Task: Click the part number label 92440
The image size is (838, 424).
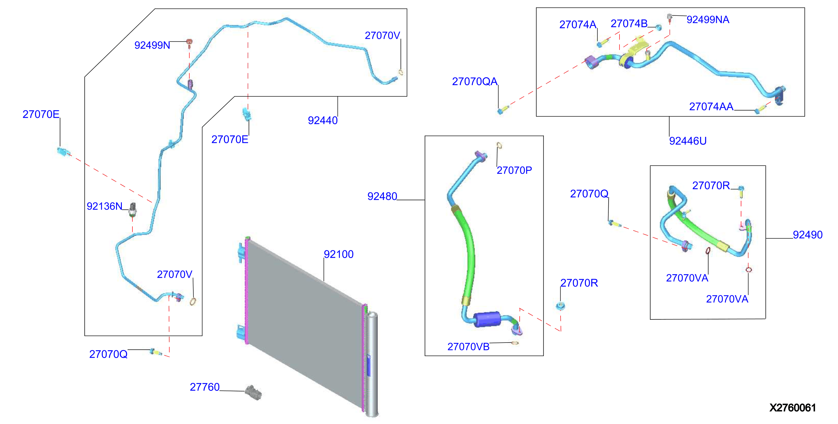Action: pos(323,121)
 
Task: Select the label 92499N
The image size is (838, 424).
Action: pos(152,45)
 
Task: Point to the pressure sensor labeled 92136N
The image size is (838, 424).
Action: pos(132,209)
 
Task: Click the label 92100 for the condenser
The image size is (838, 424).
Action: pos(339,254)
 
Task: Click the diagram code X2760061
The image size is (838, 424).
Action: pos(793,408)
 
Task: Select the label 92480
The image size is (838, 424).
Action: pos(382,196)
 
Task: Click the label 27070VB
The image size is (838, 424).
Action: pos(468,347)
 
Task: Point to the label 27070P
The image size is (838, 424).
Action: pos(514,170)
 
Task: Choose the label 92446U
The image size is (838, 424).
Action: pos(688,141)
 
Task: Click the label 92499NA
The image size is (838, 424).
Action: pos(708,19)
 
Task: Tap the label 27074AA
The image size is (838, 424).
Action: pos(711,107)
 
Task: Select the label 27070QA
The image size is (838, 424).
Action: pos(474,81)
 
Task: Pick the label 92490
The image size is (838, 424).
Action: pos(807,235)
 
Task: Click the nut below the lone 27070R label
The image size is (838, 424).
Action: pos(561,305)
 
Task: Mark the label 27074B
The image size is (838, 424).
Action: pos(629,24)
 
